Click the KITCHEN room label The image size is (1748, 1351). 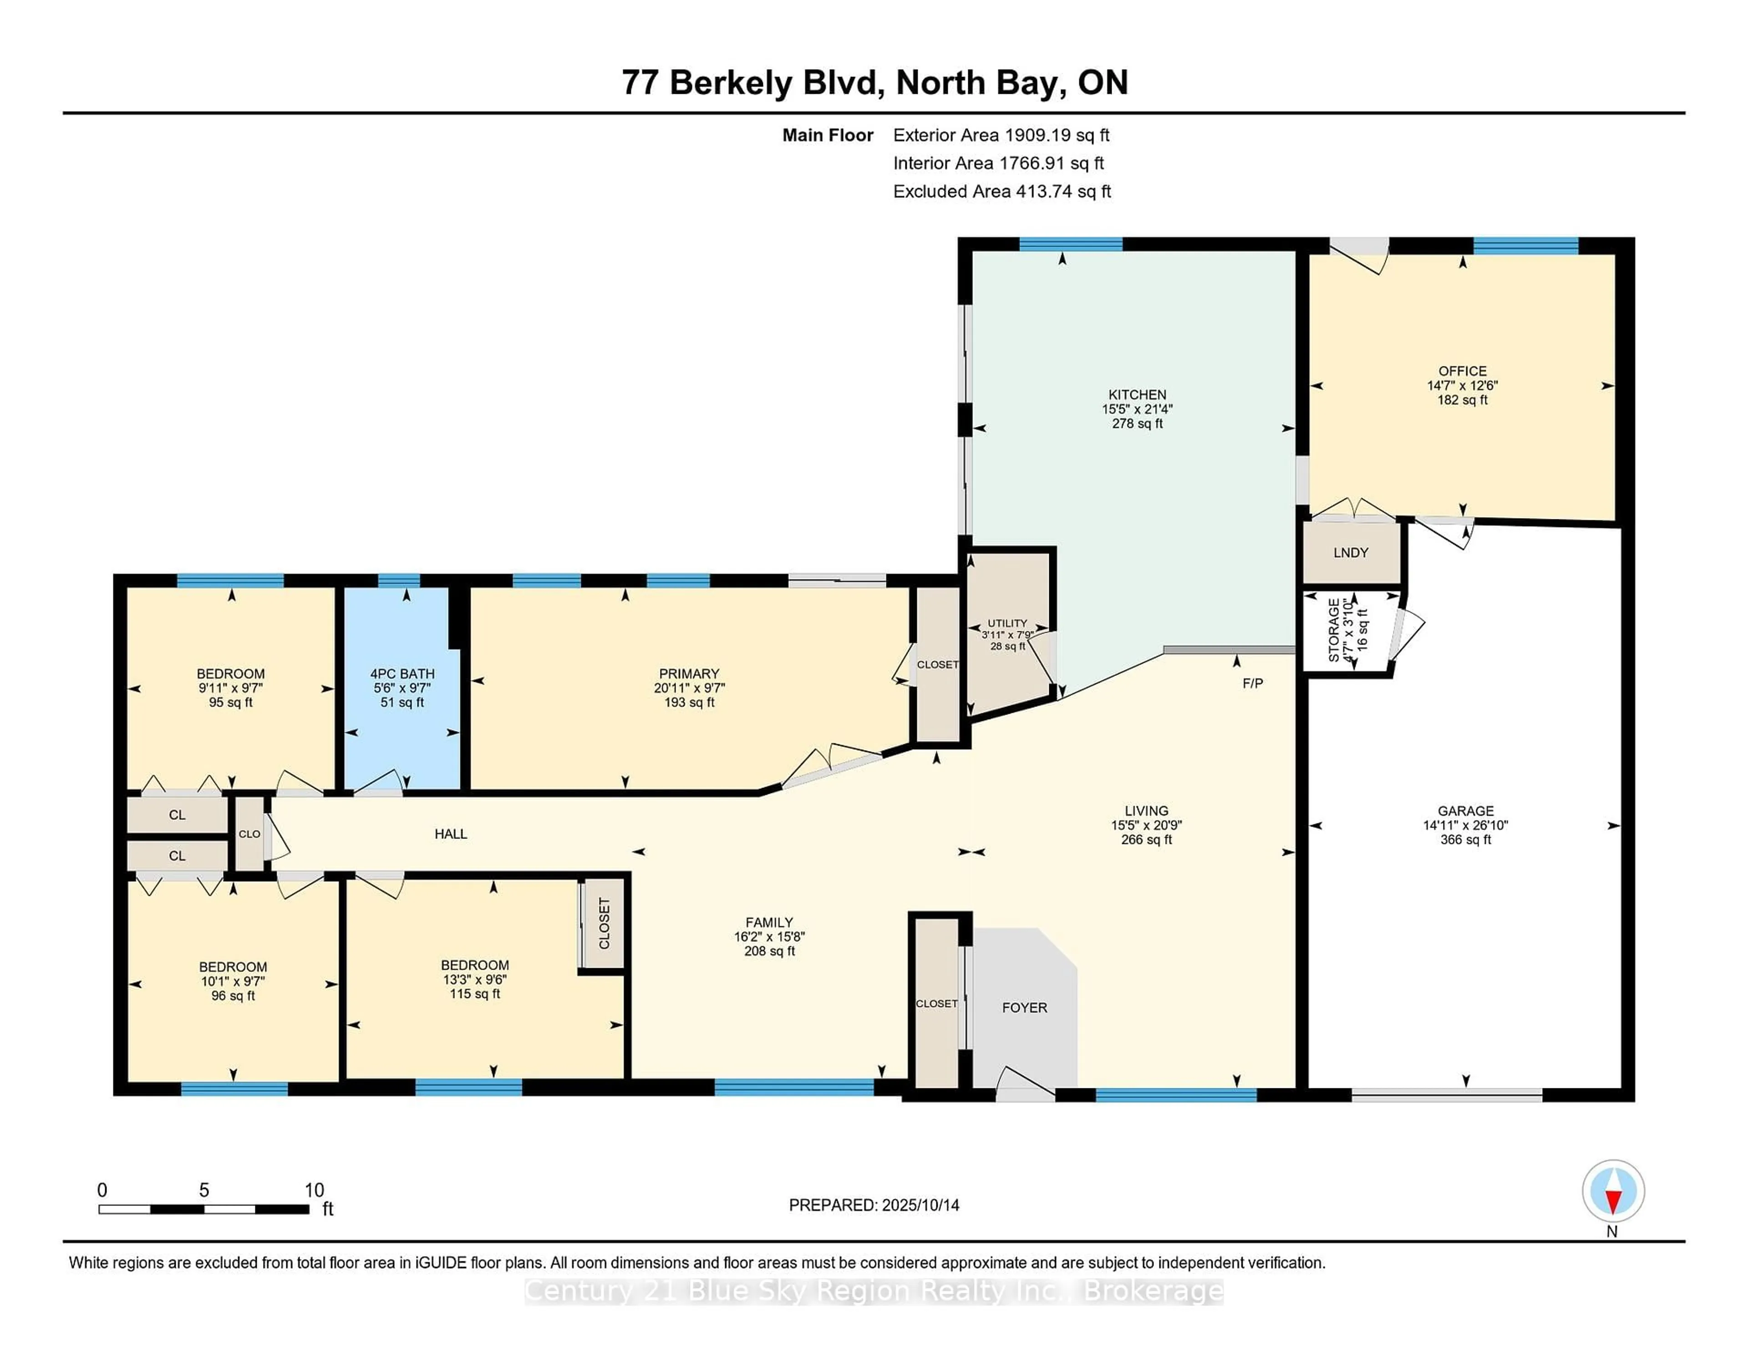[x=1137, y=395]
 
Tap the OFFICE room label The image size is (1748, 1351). [x=1462, y=371]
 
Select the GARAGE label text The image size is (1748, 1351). [x=1465, y=811]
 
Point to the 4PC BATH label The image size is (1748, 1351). [x=402, y=674]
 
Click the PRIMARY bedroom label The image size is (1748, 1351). [x=689, y=674]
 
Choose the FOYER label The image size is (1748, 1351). [x=1025, y=1008]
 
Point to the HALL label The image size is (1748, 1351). [x=451, y=834]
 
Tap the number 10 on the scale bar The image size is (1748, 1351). [x=315, y=1190]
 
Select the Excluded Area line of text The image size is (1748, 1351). [x=1002, y=191]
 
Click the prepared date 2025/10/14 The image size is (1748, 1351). [x=920, y=1205]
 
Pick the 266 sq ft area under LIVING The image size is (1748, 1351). [x=1146, y=839]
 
